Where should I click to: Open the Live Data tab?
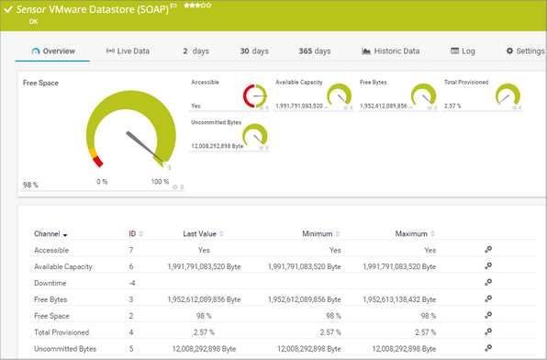128,51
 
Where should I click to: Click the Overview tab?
53,51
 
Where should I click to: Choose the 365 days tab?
315,51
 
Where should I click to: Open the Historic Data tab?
390,51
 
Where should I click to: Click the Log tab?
463,51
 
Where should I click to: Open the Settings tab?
525,51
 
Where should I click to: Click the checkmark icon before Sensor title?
8,8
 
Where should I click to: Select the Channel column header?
50,234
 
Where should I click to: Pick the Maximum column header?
415,234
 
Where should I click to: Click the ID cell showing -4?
132,283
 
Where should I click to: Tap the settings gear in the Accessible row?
488,250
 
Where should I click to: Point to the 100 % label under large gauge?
160,182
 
